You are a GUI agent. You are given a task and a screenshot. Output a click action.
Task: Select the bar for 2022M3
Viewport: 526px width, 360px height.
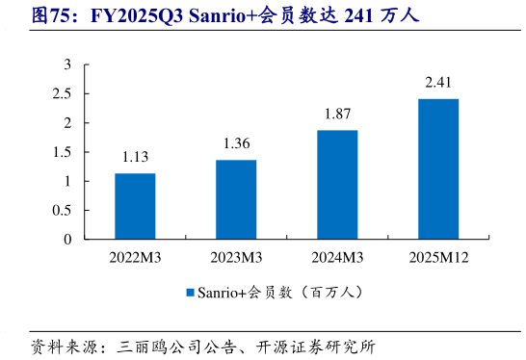coord(135,206)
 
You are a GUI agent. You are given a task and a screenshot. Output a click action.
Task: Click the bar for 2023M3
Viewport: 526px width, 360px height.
coord(236,199)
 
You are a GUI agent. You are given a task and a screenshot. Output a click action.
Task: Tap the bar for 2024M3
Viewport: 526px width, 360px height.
coord(337,185)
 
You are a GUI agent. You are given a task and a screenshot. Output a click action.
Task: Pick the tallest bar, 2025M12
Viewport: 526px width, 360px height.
coord(438,168)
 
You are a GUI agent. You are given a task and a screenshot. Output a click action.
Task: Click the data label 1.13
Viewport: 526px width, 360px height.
coord(135,158)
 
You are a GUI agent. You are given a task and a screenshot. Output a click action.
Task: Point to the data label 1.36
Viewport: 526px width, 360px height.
coord(236,144)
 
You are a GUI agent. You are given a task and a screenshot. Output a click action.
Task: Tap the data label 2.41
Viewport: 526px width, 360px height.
coord(438,83)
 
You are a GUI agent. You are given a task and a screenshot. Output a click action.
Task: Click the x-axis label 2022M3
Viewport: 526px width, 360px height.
coord(135,257)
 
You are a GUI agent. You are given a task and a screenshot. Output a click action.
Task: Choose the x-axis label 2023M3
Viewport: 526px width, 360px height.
coord(236,257)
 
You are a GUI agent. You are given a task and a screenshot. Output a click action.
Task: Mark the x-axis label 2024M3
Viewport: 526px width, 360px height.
coord(337,257)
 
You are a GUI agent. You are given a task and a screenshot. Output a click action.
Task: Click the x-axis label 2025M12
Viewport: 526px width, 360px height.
coord(438,257)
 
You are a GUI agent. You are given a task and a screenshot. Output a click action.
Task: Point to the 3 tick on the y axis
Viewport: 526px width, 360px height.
coord(67,64)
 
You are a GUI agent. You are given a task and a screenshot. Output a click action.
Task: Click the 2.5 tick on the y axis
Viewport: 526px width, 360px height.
coord(64,93)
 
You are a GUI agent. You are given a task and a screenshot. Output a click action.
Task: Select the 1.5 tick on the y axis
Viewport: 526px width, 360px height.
coord(64,152)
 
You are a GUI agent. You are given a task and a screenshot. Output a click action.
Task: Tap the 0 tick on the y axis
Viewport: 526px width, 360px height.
coord(67,240)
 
